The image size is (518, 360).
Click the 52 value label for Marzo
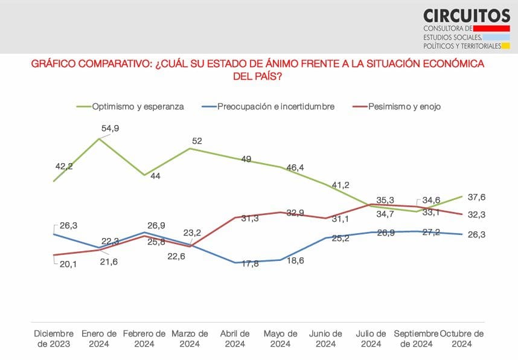(x=197, y=141)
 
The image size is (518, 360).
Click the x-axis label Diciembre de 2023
(x=54, y=338)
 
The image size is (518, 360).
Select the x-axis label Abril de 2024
(x=235, y=338)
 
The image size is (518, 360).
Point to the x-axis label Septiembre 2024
(x=417, y=338)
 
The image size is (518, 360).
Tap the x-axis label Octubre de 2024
(x=462, y=338)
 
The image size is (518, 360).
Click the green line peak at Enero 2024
(x=100, y=138)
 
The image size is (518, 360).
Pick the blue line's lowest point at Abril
(x=235, y=263)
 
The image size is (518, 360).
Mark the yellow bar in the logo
(x=506, y=46)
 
